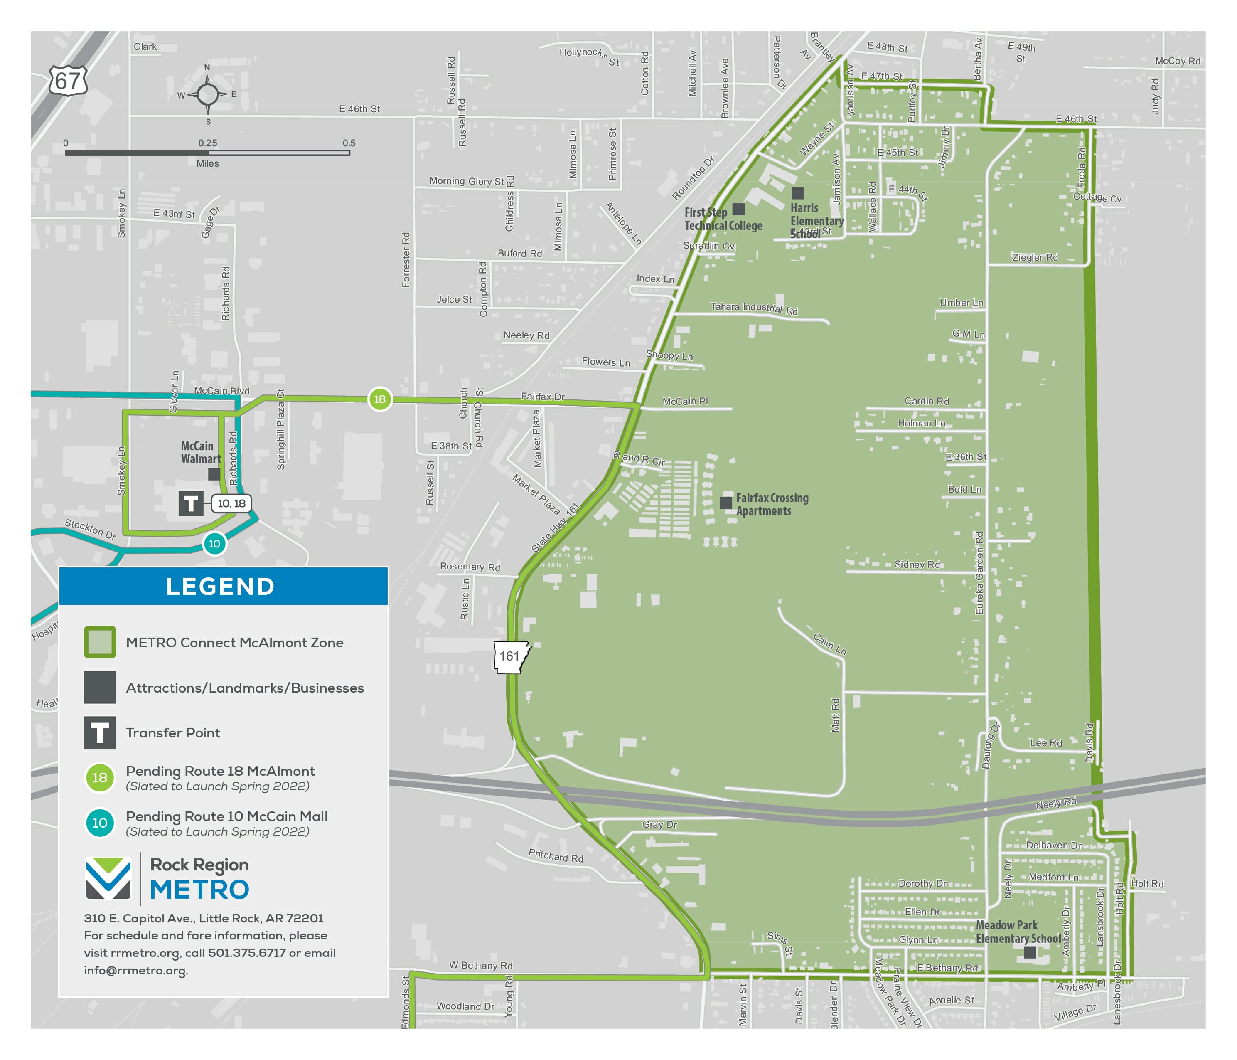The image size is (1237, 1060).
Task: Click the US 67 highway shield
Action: pos(68,80)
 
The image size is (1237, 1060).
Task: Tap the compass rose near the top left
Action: pos(207,94)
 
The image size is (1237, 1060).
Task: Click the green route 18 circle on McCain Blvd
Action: pos(380,399)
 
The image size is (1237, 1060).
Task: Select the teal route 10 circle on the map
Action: pos(214,543)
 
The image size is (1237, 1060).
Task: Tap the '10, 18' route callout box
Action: pos(231,503)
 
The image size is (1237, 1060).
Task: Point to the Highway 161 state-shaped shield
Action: pos(511,656)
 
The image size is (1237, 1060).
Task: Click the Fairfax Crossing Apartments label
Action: pos(772,504)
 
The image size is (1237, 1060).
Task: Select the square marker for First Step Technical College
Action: pos(738,209)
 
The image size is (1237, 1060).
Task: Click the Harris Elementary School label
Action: pos(816,220)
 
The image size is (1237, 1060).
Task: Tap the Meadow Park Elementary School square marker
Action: pos(1030,952)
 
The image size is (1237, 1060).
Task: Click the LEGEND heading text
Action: pos(220,587)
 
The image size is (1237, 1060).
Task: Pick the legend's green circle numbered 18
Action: pos(100,777)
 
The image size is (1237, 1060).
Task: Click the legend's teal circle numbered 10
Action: pos(100,823)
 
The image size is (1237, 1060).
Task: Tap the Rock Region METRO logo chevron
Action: pos(108,878)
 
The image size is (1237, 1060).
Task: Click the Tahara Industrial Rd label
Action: pos(753,308)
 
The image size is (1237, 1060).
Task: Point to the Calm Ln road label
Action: pos(829,644)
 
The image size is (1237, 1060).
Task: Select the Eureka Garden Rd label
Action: pos(979,573)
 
